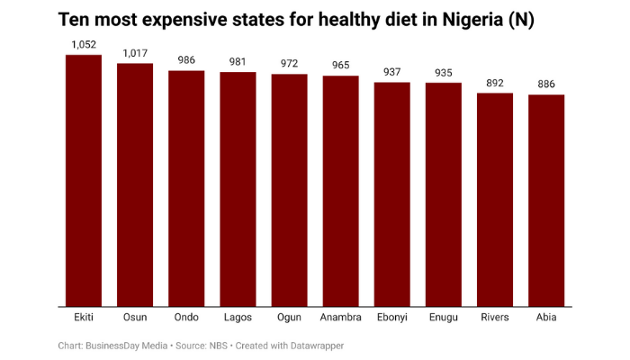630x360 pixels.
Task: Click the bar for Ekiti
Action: click(84, 180)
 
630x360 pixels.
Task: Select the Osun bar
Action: click(135, 184)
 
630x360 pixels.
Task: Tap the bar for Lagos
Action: click(238, 189)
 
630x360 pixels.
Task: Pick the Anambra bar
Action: click(341, 191)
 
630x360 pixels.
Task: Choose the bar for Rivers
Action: click(495, 200)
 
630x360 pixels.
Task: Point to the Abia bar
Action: click(546, 201)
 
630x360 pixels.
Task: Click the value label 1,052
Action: click(84, 44)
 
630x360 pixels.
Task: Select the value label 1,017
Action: click(135, 53)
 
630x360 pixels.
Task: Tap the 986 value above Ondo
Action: click(186, 60)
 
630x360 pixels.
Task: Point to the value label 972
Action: click(289, 64)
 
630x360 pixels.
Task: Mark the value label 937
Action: click(392, 72)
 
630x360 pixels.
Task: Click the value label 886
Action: click(546, 85)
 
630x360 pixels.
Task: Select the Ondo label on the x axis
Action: click(186, 318)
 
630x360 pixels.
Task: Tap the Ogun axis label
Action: click(289, 318)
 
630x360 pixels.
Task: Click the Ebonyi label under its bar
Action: click(392, 318)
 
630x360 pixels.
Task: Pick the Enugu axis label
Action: click(444, 318)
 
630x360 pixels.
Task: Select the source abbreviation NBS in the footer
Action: click(219, 346)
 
